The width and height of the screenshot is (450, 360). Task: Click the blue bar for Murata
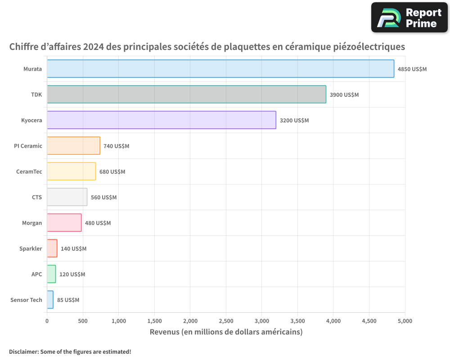220,69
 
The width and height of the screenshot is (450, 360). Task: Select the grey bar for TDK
187,94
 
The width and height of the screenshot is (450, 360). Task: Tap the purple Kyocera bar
162,120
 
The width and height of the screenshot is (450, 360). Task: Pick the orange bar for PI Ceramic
73,146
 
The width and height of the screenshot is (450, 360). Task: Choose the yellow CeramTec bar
72,171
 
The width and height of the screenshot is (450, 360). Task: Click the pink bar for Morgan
64,223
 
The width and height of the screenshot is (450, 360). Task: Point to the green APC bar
51,274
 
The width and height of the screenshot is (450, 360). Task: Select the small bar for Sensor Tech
50,300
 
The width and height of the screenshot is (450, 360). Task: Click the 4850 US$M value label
412,69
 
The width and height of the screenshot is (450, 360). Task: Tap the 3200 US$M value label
294,121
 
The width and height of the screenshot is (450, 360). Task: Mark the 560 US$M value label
103,198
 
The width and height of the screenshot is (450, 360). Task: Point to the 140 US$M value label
73,249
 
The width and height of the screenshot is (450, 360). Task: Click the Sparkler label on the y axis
31,249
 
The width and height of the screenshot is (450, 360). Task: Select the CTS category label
37,198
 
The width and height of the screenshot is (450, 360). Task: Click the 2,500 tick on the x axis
226,321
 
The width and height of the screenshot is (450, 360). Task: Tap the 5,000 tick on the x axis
405,321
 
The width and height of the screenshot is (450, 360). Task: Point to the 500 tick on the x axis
83,321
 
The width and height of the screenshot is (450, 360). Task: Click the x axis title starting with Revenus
226,332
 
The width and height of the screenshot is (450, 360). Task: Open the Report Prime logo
409,18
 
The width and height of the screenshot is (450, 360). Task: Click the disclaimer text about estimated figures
70,351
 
